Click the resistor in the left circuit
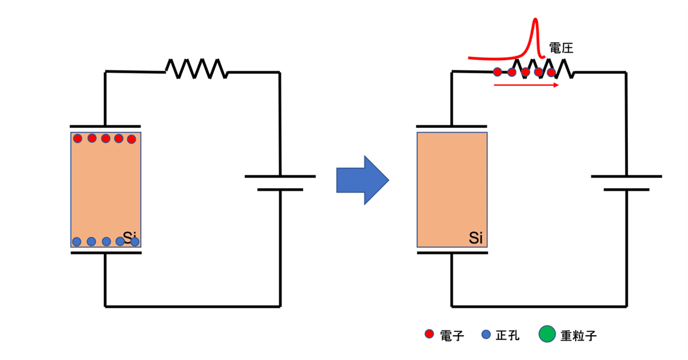196,68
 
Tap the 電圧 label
561,48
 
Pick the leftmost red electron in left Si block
78,138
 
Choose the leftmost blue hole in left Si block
77,241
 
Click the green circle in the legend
548,334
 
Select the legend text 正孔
507,335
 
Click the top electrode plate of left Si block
105,126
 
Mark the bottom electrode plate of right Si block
452,252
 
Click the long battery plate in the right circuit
627,176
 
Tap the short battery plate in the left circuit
280,189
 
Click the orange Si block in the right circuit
452,189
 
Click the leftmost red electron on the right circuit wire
497,72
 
